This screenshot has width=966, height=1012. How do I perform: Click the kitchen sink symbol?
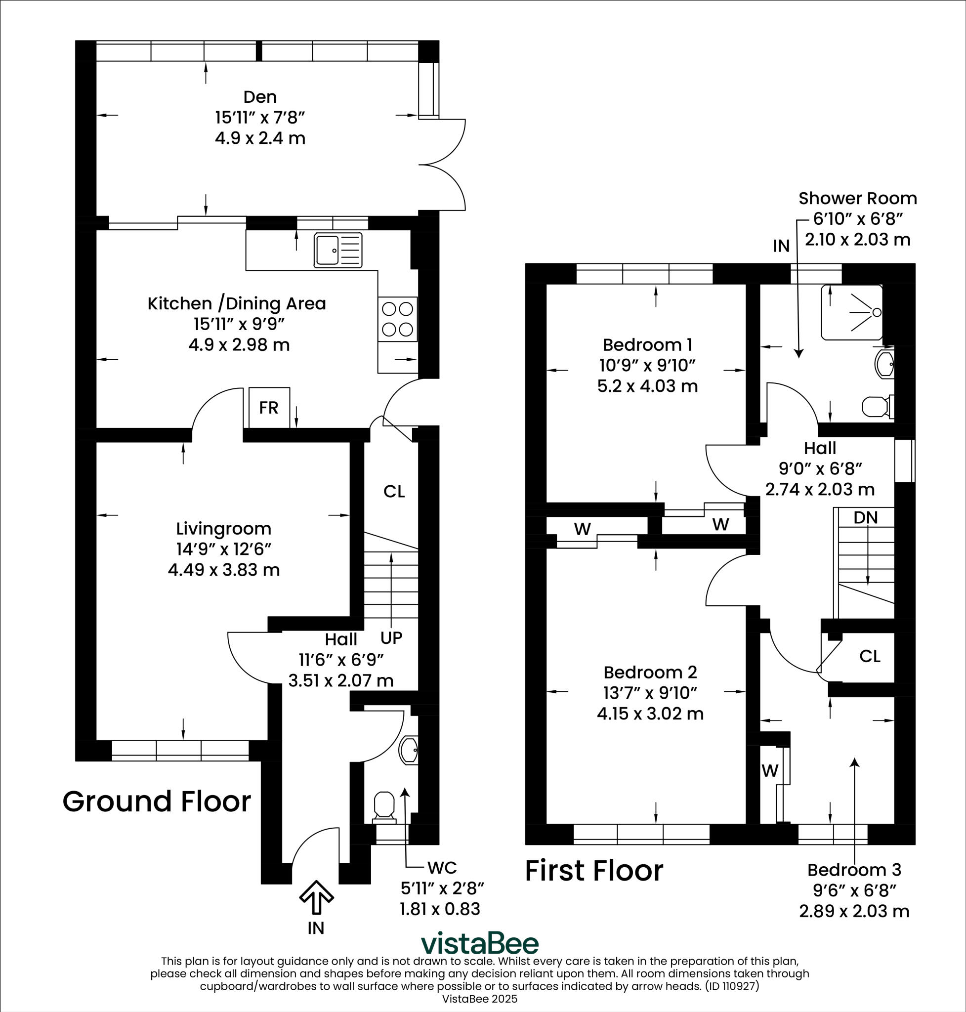point(338,251)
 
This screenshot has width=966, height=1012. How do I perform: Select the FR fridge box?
point(269,407)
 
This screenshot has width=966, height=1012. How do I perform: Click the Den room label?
point(259,97)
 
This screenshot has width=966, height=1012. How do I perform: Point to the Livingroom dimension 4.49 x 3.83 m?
point(223,570)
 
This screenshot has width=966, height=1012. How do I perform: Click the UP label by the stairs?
point(391,638)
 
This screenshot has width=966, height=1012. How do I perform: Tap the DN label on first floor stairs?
point(866,517)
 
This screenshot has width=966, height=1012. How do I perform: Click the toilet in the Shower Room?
point(877,406)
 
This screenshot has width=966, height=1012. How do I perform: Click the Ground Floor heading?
point(157,802)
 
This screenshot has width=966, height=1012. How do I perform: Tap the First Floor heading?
point(594,871)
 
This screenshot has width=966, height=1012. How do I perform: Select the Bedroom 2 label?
point(650,672)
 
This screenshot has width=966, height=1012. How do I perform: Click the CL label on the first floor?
point(870,656)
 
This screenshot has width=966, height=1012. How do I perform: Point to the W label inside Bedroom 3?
point(770,770)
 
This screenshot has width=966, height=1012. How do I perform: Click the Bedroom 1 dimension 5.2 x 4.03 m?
point(647,386)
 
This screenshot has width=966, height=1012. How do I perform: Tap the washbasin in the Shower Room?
point(884,364)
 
